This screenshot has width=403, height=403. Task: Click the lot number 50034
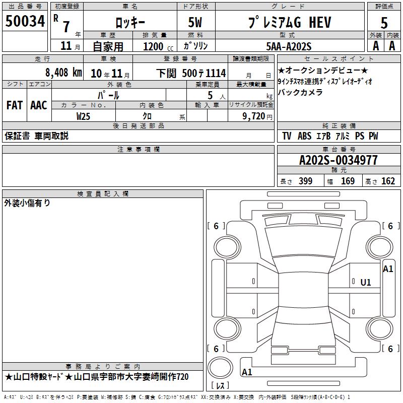coord(25,21)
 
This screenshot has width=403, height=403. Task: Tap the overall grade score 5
coord(384,23)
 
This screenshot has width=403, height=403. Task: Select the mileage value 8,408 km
coord(63,73)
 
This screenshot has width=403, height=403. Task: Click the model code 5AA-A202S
coord(289,46)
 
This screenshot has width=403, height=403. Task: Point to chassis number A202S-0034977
coord(339,160)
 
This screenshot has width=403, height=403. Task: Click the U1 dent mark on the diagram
coord(366,283)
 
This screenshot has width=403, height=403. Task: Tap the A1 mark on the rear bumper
coord(247,372)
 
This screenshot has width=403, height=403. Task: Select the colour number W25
coord(83,116)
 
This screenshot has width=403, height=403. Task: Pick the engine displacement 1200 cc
coord(158,46)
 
